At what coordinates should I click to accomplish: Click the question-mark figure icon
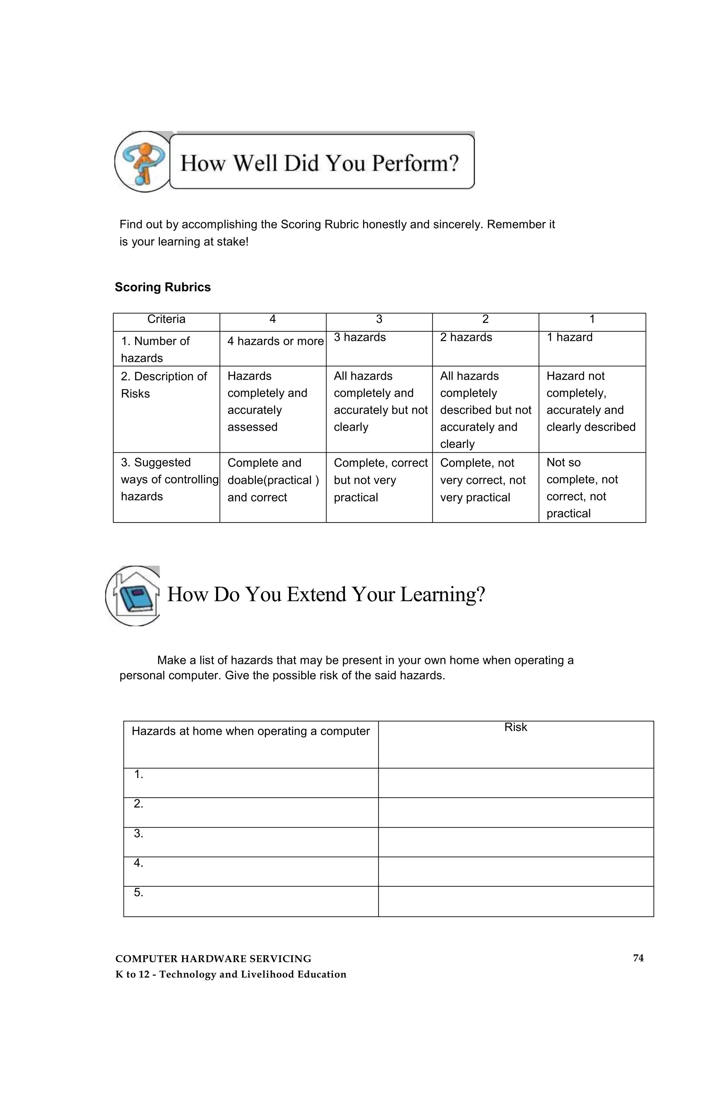[x=143, y=162]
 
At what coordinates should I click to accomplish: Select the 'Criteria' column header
[x=166, y=319]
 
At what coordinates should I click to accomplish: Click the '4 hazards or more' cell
[x=275, y=341]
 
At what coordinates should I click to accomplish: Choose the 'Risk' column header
[x=515, y=727]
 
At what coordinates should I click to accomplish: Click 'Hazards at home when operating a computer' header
[x=250, y=731]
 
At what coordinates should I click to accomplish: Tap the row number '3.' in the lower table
[x=138, y=833]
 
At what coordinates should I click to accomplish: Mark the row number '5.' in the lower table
[x=138, y=892]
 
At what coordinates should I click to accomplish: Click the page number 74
[x=638, y=958]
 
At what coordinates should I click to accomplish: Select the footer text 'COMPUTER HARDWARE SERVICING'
[x=213, y=959]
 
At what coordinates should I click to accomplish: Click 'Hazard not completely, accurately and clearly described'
[x=590, y=401]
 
